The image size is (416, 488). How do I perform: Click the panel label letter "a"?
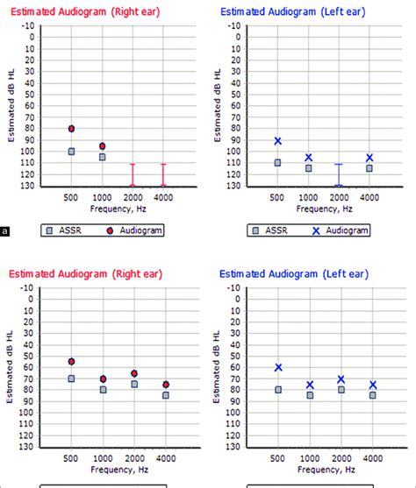click(6, 232)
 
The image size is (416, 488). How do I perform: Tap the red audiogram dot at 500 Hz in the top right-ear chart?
click(71, 129)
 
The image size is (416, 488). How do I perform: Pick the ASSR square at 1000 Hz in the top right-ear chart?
click(103, 157)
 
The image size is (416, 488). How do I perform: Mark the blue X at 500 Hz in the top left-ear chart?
click(277, 141)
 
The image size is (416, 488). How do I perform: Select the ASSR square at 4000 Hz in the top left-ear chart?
click(369, 168)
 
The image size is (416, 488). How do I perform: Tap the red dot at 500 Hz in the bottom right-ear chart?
click(71, 362)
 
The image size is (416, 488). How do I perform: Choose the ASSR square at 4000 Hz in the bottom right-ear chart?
click(165, 395)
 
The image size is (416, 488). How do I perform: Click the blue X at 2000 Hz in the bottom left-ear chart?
click(340, 379)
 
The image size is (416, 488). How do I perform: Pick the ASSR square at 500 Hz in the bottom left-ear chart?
click(277, 390)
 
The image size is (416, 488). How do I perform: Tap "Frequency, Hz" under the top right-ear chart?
click(117, 210)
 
